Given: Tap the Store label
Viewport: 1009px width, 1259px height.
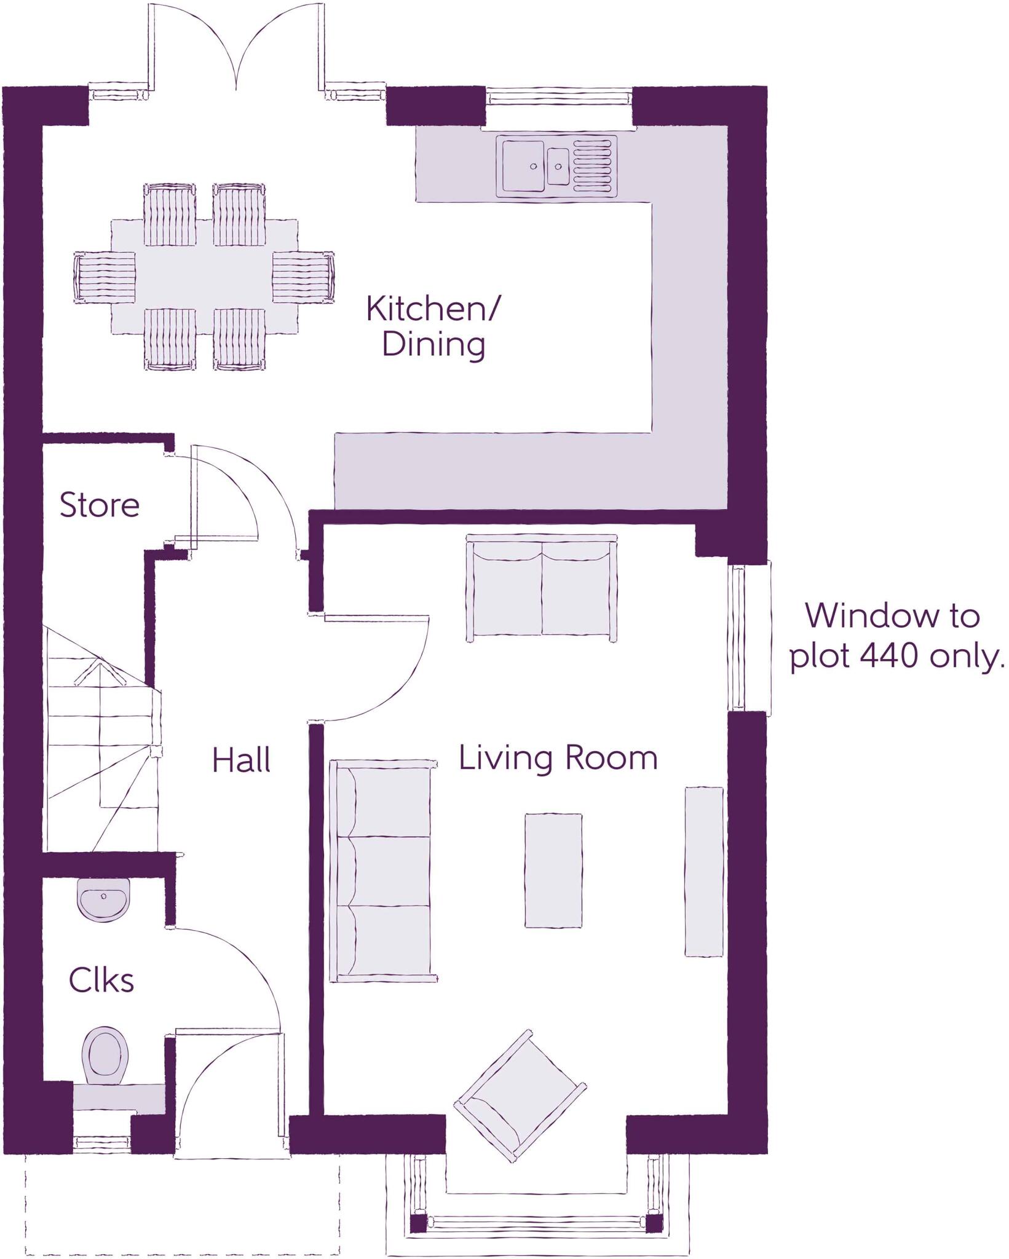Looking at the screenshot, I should tap(100, 505).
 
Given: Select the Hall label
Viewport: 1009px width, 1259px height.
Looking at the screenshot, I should tap(241, 761).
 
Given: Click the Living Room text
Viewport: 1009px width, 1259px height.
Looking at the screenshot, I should tap(558, 758).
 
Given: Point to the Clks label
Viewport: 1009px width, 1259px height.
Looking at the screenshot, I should tap(101, 981).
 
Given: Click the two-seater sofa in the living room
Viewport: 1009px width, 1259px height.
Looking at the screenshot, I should tap(542, 588).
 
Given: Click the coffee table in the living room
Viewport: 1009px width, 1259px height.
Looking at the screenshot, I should tap(553, 870).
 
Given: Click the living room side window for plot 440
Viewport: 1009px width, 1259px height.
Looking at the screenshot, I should tap(749, 637).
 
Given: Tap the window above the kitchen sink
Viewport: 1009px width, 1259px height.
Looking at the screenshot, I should tap(558, 97).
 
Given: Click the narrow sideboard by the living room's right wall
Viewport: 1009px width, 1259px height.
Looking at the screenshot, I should tap(704, 871).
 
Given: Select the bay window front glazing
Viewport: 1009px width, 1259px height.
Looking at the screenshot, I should tap(536, 1224).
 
